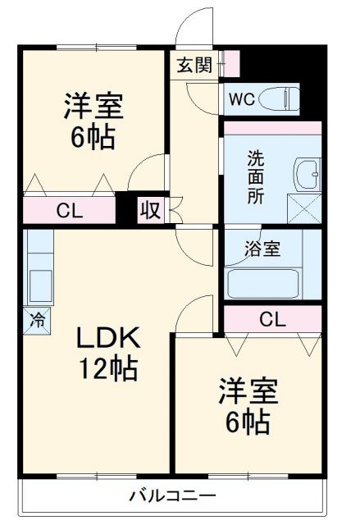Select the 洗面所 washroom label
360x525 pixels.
click(x=257, y=176)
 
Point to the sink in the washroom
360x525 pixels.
click(x=309, y=174)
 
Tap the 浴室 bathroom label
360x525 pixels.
click(x=263, y=249)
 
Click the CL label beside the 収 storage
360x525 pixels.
click(x=70, y=211)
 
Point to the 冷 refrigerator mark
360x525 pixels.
click(x=37, y=318)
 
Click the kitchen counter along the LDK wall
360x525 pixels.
click(x=38, y=271)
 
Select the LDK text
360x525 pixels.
click(x=109, y=338)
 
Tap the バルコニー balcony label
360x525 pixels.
click(x=172, y=496)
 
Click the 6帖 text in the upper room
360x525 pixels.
click(x=93, y=137)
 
